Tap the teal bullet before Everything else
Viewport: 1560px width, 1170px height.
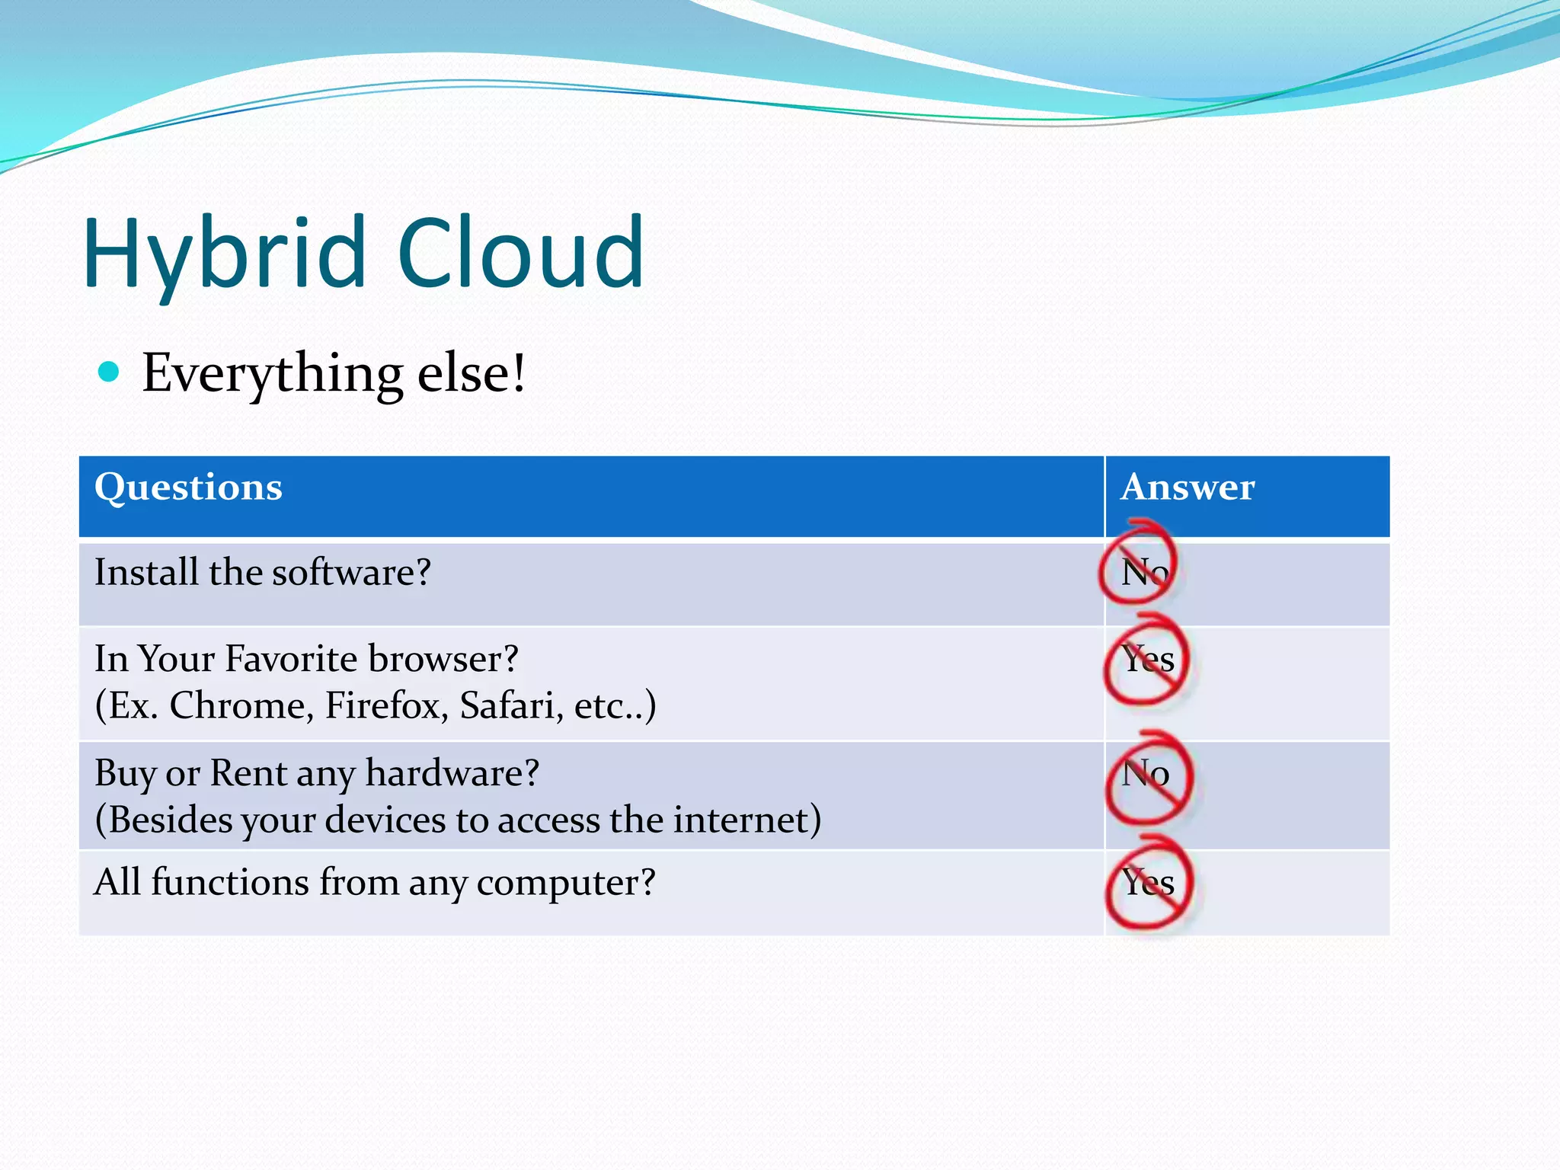coord(110,372)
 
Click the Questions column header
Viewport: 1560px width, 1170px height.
coord(188,487)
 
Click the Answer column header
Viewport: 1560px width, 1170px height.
coord(1188,487)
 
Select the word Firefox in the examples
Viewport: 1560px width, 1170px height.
coord(386,706)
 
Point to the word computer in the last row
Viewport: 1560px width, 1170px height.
coord(565,884)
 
